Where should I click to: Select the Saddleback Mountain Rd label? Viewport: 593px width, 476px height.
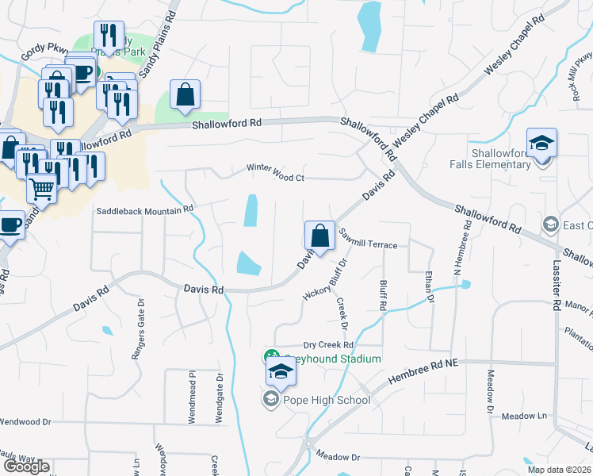tap(144, 210)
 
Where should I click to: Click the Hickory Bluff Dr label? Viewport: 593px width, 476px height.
tap(326, 280)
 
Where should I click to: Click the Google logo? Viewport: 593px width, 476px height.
tap(26, 466)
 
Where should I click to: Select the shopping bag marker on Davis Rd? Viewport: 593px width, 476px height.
tap(319, 236)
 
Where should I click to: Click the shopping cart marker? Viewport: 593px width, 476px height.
tap(42, 189)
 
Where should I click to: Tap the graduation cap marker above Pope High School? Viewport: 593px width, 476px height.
tap(281, 371)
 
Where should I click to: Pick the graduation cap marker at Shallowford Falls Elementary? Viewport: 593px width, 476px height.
tap(542, 143)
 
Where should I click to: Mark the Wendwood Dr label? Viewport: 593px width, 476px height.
tap(25, 423)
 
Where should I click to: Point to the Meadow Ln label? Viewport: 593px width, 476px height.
tap(526, 416)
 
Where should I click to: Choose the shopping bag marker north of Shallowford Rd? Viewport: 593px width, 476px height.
tap(185, 95)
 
